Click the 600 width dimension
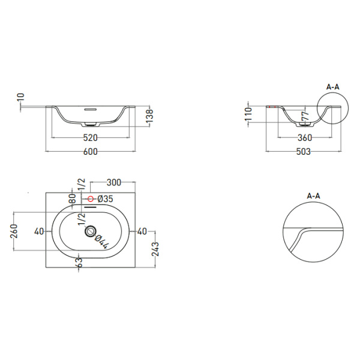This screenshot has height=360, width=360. point(90,151)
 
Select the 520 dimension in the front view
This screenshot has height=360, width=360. point(90,137)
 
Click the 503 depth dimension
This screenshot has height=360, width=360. point(303,151)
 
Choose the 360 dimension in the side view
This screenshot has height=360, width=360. point(304,137)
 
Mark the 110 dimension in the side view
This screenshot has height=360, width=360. point(248,114)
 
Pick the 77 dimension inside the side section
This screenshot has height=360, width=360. point(304,115)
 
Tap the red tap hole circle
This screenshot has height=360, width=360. point(91,199)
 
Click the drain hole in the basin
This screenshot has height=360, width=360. point(91,232)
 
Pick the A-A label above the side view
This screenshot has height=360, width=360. point(332,87)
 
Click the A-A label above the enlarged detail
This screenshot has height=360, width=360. point(313,196)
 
